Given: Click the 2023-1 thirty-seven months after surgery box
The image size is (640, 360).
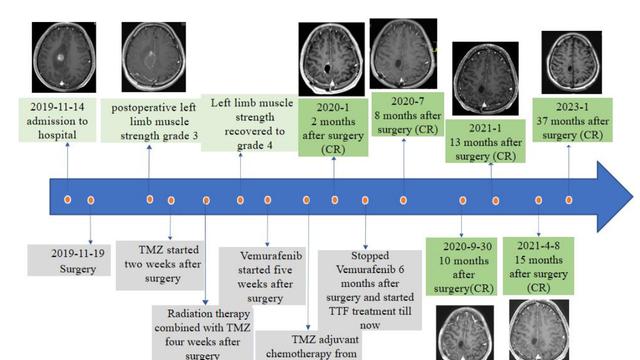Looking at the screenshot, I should [568, 117].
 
